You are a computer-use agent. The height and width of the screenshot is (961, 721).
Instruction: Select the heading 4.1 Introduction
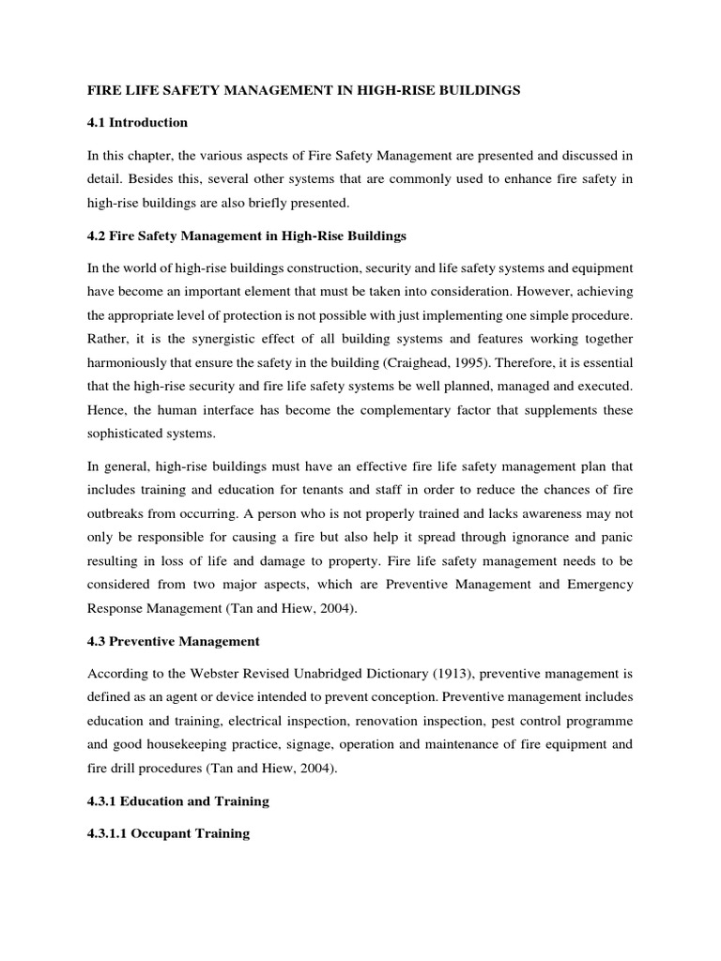click(x=137, y=123)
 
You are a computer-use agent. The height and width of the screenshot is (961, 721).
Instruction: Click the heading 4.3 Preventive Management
click(x=173, y=641)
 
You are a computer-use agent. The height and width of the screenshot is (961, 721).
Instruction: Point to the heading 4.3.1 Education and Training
click(x=177, y=801)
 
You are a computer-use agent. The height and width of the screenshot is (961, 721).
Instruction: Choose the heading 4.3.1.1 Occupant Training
click(x=168, y=833)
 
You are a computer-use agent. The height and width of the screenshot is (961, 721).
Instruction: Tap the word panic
click(x=615, y=541)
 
